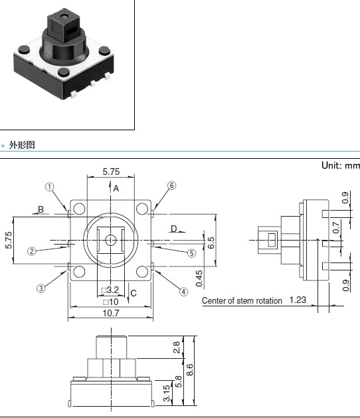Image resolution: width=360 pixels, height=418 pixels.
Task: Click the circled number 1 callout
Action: [50, 187]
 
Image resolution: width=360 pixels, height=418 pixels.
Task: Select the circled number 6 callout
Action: [171, 185]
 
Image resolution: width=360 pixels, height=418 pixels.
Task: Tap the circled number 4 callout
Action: [183, 292]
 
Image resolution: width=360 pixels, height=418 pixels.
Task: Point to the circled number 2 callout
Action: [32, 251]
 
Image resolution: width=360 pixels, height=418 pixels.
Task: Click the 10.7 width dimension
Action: [111, 313]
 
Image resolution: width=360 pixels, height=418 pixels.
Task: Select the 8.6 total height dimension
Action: [190, 370]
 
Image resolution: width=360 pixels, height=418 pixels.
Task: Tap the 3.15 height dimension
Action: [167, 393]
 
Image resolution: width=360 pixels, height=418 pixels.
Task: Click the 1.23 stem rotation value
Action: [298, 300]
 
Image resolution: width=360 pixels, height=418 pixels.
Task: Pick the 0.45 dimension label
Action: [199, 278]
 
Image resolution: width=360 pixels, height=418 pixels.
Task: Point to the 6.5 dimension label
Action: [211, 243]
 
